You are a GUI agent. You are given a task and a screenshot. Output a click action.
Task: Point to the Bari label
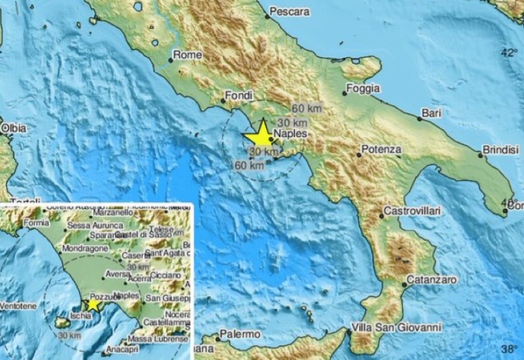pos(432,113)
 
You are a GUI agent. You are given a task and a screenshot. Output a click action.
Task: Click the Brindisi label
pos(496,150)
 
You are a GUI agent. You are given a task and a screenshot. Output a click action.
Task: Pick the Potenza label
pos(381,150)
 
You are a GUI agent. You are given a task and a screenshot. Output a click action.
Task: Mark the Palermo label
pos(240,334)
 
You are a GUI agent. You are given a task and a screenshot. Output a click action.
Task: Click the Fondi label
pos(238,96)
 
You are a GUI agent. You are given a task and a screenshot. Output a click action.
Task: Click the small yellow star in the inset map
pos(93,303)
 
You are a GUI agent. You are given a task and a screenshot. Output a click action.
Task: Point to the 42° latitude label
pos(509,52)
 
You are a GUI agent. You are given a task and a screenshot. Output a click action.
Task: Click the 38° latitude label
pos(509,348)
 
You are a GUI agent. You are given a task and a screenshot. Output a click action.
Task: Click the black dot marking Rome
pos(170,61)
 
